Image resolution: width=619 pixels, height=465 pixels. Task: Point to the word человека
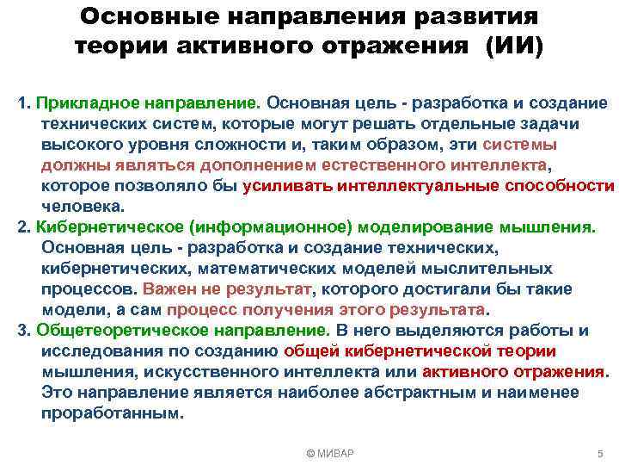[83, 206]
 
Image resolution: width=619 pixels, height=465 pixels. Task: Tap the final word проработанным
[112, 413]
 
